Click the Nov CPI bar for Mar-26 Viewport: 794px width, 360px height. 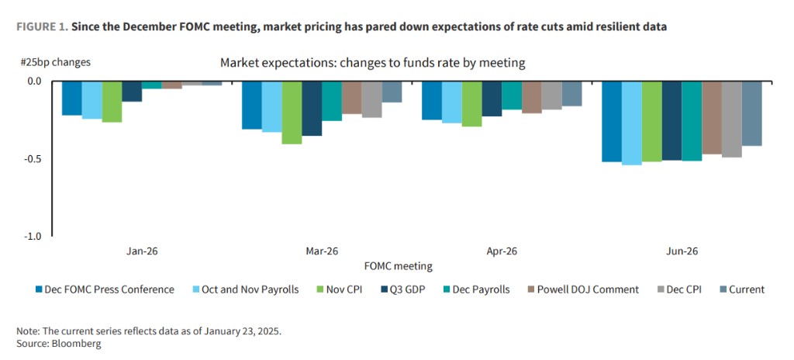292,112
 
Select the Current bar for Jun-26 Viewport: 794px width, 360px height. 751,113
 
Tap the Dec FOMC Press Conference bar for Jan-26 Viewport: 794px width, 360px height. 72,98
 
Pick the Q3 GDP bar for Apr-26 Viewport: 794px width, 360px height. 492,99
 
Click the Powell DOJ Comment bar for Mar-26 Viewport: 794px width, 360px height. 351,97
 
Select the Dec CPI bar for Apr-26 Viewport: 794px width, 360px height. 551,95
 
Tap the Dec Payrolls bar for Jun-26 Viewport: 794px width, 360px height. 692,121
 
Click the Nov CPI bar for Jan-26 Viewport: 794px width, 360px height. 112,102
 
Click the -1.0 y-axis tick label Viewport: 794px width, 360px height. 33,237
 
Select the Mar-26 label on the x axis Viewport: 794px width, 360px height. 322,251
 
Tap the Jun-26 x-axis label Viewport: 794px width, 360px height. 682,251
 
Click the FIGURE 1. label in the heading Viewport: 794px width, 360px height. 40,26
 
